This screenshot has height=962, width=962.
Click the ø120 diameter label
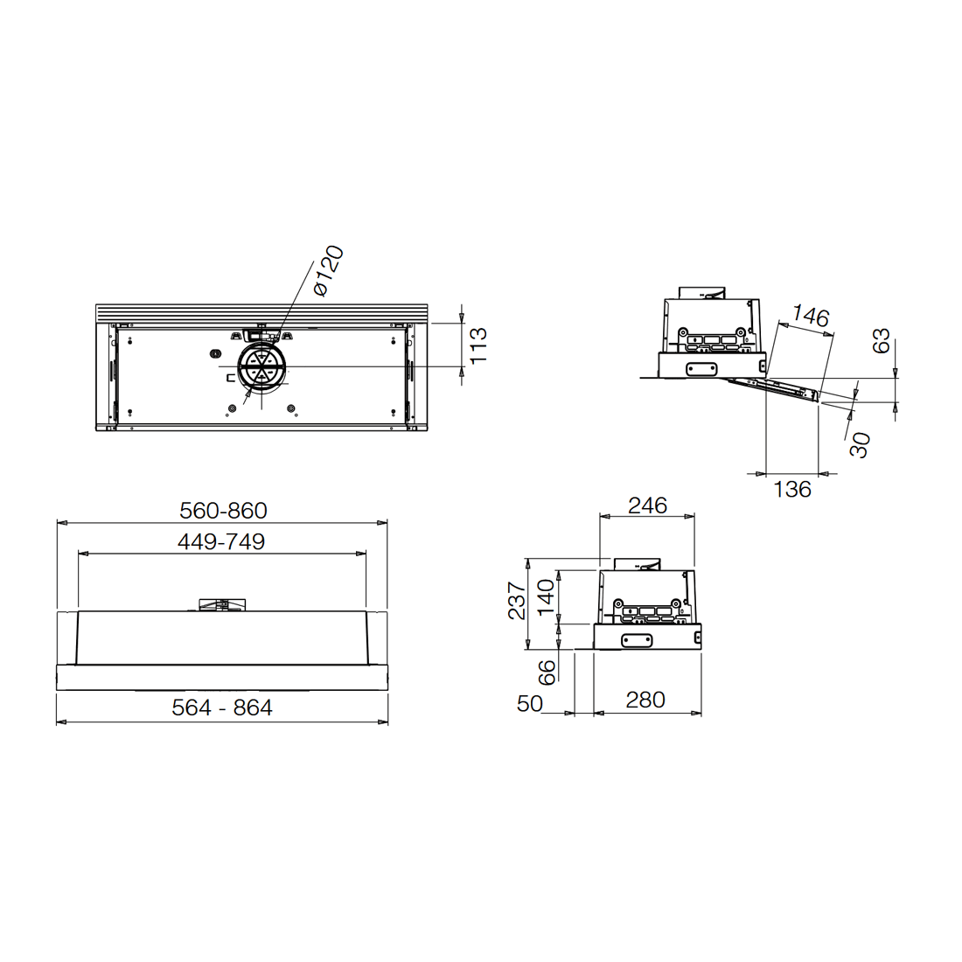coord(328,270)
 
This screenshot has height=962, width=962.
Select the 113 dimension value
coord(478,345)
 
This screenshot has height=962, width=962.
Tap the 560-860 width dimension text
coord(223,511)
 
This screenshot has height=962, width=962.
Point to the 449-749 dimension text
coord(221,541)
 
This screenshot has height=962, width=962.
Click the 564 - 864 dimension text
coord(221,708)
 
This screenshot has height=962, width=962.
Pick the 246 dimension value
coord(647,505)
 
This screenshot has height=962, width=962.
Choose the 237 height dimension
coord(517,601)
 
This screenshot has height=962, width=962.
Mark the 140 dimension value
coord(545,597)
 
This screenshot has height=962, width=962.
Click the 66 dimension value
coord(546,673)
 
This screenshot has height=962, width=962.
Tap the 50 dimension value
coord(529,704)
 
